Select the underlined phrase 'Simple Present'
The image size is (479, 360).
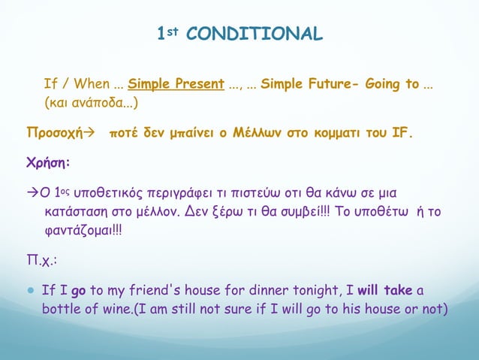176,83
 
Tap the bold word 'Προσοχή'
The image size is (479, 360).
52,134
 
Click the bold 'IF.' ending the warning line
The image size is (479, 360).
401,134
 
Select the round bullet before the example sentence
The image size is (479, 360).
30,291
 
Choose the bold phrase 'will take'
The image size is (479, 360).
385,291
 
